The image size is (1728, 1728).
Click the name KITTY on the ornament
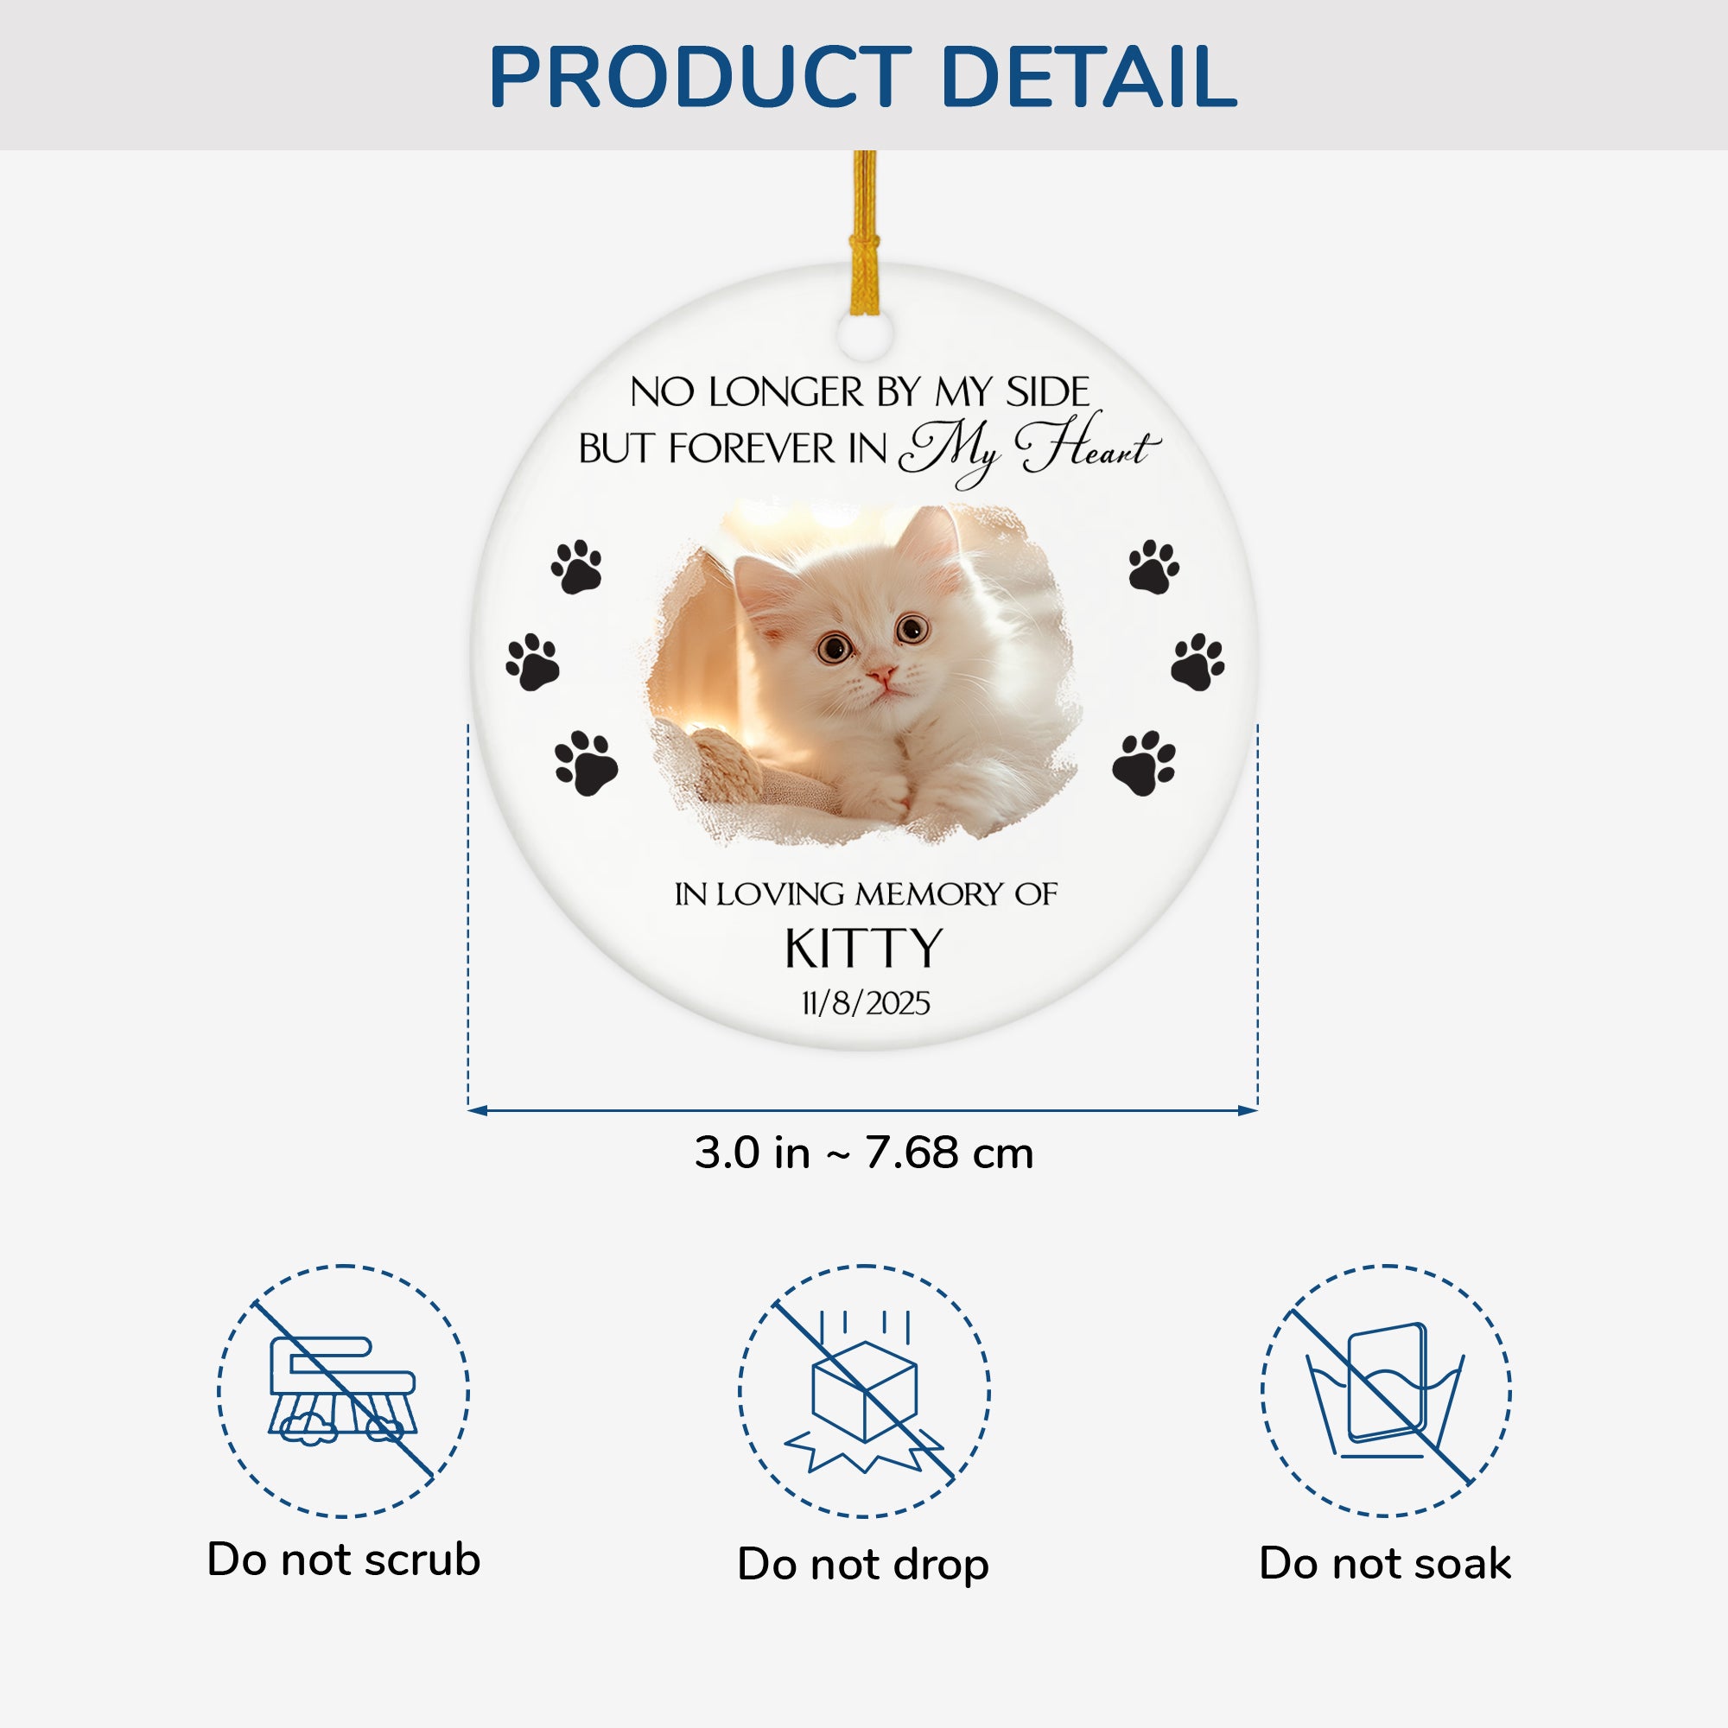point(864,948)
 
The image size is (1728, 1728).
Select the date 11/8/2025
point(865,1003)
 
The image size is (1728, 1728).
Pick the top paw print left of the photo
point(577,566)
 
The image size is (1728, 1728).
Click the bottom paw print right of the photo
point(1144,763)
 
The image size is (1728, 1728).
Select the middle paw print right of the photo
point(1198,662)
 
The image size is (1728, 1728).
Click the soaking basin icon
point(1384,1390)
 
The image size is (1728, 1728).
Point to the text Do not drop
point(863,1565)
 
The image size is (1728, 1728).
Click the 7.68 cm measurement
point(950,1153)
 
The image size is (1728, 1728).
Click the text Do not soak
point(1384,1564)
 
